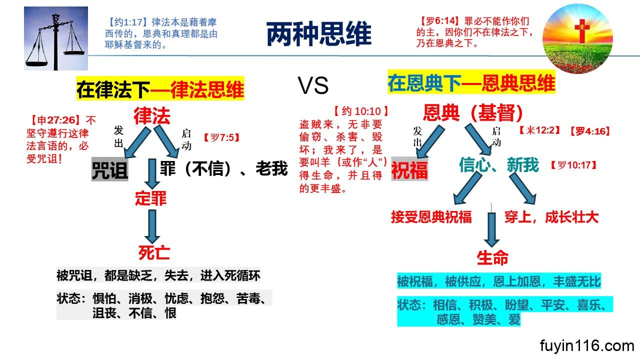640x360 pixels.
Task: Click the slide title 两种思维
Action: [318, 34]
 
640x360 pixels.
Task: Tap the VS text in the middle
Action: [313, 86]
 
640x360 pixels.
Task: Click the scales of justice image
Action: [56, 39]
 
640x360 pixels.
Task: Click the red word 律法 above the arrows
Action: [151, 115]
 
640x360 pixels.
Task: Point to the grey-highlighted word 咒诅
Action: [109, 170]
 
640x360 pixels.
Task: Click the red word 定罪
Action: [150, 198]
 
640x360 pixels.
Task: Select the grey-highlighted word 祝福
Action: [409, 170]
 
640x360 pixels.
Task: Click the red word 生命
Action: [492, 258]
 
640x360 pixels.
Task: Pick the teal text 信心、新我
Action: [499, 164]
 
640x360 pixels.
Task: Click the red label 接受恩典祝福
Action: [431, 217]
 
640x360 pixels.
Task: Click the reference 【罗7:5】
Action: [221, 136]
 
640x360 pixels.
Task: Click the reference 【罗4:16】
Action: [589, 131]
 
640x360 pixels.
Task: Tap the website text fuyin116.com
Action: [587, 345]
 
